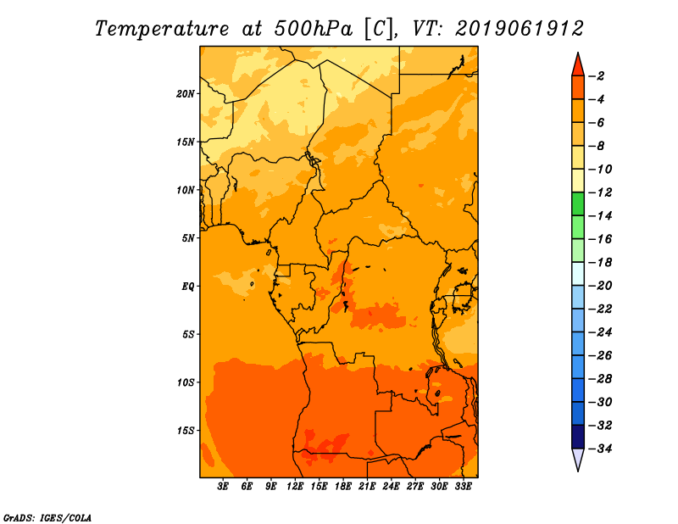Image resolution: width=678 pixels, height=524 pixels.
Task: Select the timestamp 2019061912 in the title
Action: click(519, 28)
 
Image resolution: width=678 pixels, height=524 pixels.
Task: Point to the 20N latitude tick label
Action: click(186, 93)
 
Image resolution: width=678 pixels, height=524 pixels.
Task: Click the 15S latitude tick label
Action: click(186, 430)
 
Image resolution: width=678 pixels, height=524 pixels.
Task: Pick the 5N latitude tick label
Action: click(188, 237)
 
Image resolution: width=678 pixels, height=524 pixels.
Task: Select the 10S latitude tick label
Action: click(186, 382)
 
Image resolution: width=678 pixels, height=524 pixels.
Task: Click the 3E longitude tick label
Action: click(224, 487)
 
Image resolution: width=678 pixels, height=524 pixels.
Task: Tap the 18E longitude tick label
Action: click(343, 487)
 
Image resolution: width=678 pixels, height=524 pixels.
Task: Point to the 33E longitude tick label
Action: click(463, 487)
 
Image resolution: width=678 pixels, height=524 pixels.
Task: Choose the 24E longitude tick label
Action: click(391, 487)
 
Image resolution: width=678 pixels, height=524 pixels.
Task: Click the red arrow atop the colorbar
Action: click(577, 64)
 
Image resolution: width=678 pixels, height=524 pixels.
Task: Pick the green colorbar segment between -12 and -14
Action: click(577, 203)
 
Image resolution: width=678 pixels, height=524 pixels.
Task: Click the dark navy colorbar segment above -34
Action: click(577, 436)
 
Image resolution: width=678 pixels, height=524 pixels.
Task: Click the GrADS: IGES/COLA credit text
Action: click(47, 516)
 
